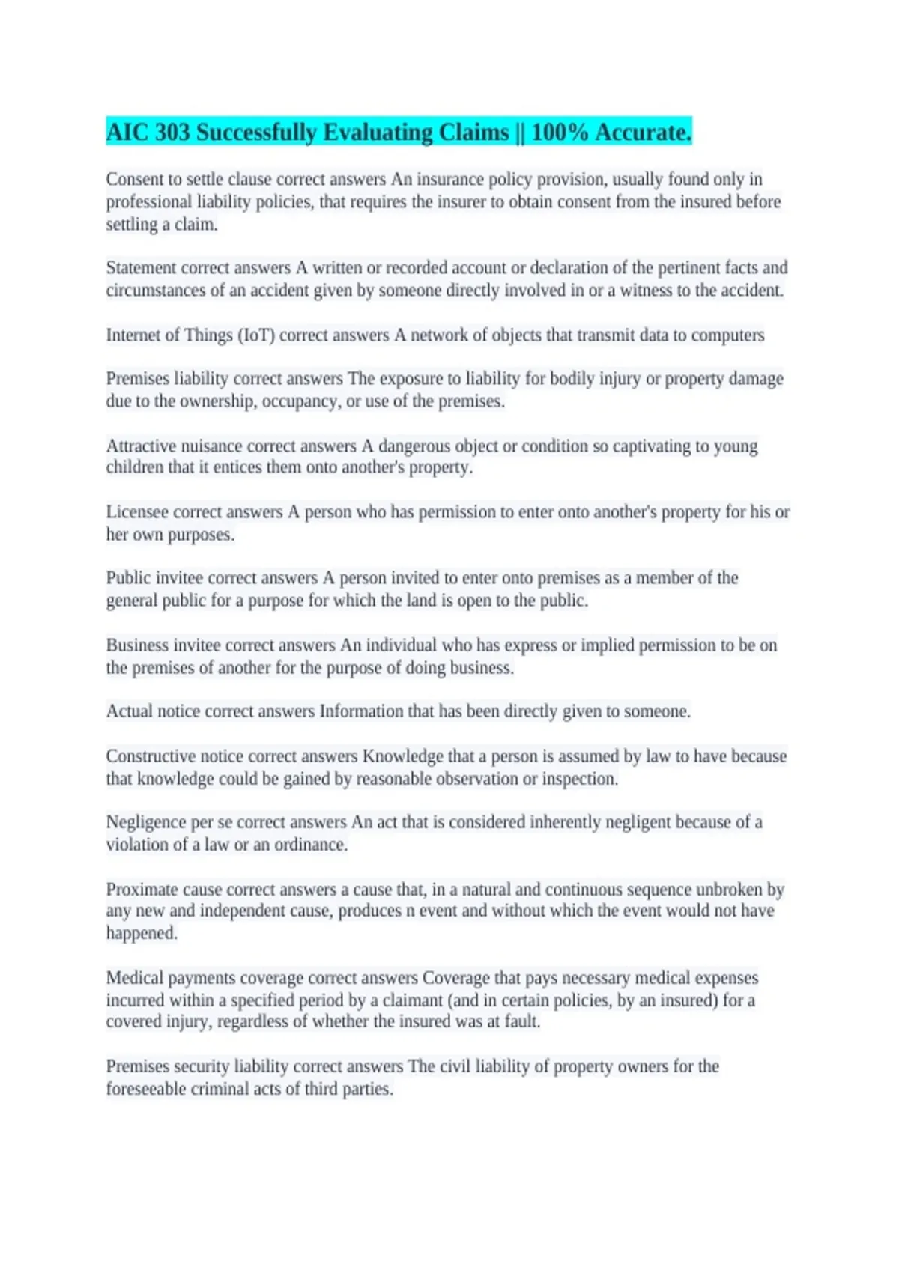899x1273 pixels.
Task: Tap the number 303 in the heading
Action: tap(172, 133)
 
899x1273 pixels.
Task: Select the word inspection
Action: tap(580, 779)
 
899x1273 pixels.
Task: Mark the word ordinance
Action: tap(309, 845)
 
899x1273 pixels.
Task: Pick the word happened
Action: tap(141, 934)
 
